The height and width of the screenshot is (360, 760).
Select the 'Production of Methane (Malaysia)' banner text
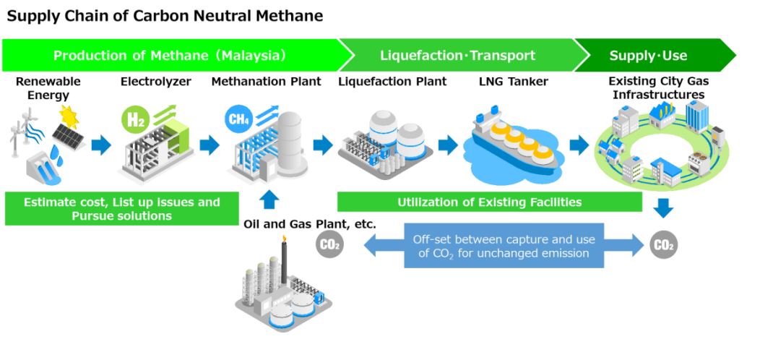pyautogui.click(x=170, y=56)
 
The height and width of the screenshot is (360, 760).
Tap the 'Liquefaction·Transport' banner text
pyautogui.click(x=457, y=56)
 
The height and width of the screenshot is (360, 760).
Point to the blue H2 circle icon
pyautogui.click(x=135, y=119)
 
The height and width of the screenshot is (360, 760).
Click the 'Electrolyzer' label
pyautogui.click(x=155, y=82)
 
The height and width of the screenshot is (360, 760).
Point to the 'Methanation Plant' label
pyautogui.click(x=266, y=82)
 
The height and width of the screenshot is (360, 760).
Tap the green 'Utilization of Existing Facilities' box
pyautogui.click(x=489, y=202)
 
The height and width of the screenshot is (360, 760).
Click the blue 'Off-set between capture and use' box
pyautogui.click(x=504, y=246)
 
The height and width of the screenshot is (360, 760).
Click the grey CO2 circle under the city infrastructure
pyautogui.click(x=663, y=245)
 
